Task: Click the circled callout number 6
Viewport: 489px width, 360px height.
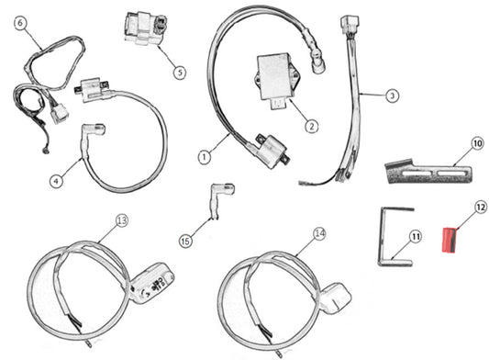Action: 20,24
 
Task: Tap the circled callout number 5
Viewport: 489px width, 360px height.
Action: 180,73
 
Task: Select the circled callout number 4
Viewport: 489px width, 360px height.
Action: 57,181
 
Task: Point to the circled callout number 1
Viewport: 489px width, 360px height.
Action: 205,157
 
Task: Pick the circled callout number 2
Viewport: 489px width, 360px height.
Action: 311,127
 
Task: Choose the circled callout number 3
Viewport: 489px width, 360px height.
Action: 393,96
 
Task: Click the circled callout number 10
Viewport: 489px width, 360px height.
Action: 477,144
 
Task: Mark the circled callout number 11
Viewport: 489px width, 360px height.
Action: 415,237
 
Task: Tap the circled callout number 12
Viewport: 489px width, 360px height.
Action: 481,207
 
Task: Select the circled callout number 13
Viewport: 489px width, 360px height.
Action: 122,220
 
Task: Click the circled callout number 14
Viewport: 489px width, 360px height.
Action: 319,233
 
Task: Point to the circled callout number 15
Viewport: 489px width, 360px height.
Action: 185,241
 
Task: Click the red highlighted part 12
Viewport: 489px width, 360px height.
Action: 450,240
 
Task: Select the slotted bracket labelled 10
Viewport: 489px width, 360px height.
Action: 428,172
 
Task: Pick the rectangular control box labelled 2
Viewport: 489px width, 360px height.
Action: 274,80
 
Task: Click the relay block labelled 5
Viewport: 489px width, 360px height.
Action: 145,28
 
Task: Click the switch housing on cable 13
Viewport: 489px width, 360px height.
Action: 151,283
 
